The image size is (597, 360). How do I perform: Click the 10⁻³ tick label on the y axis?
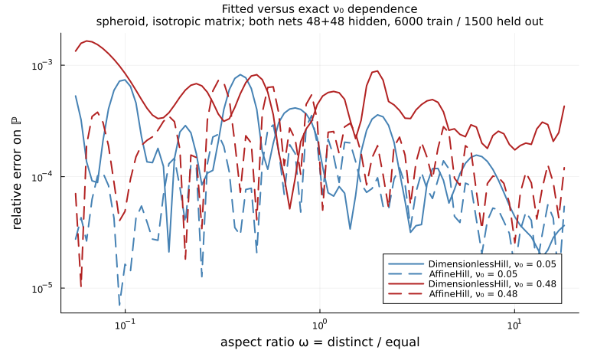[43, 66]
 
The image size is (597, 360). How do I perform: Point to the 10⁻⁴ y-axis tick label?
[43, 177]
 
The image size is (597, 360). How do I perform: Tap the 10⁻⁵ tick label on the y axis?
[43, 288]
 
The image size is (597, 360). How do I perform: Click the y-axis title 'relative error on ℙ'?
[16, 174]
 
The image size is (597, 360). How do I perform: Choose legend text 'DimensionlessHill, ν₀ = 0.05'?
[492, 264]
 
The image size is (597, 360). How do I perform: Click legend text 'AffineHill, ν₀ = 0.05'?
[473, 274]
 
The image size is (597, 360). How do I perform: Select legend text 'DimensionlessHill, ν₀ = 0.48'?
[492, 284]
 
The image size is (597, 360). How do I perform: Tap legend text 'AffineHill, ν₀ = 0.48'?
[473, 293]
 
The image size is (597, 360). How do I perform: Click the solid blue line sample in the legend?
[406, 264]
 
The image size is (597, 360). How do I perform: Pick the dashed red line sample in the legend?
[406, 293]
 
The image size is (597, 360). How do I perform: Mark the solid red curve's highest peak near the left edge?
[87, 41]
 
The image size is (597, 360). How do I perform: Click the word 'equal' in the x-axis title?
[403, 342]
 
